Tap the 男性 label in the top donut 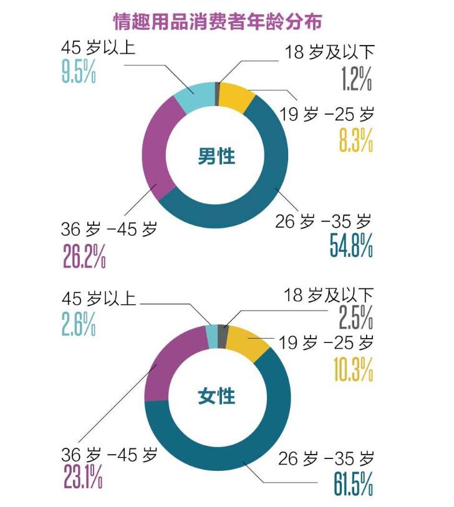(216, 157)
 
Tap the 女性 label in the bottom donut (216, 395)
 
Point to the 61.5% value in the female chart (351, 483)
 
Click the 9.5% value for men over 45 (78, 70)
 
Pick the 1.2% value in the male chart (357, 79)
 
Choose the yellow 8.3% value (356, 139)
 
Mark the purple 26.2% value (84, 254)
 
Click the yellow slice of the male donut (236, 94)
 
